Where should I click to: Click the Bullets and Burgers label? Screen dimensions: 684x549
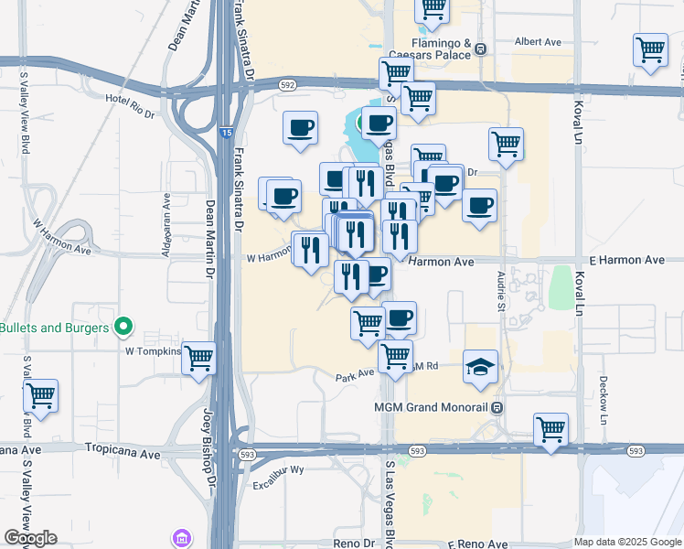pos(56,328)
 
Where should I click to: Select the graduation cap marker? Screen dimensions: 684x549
pos(481,366)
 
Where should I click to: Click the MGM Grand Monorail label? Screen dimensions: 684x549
pos(433,407)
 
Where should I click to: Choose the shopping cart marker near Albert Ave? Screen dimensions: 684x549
pos(650,50)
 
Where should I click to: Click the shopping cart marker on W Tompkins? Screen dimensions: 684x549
pos(198,359)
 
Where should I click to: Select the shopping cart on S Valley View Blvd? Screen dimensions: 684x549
pos(40,396)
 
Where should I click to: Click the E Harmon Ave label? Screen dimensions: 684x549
pos(626,260)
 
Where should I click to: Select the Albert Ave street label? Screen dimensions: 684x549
pos(538,42)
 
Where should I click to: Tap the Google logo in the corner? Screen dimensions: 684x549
pos(32,538)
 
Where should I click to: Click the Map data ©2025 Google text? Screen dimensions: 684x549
pos(628,542)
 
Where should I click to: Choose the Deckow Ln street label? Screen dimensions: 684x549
pos(604,398)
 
